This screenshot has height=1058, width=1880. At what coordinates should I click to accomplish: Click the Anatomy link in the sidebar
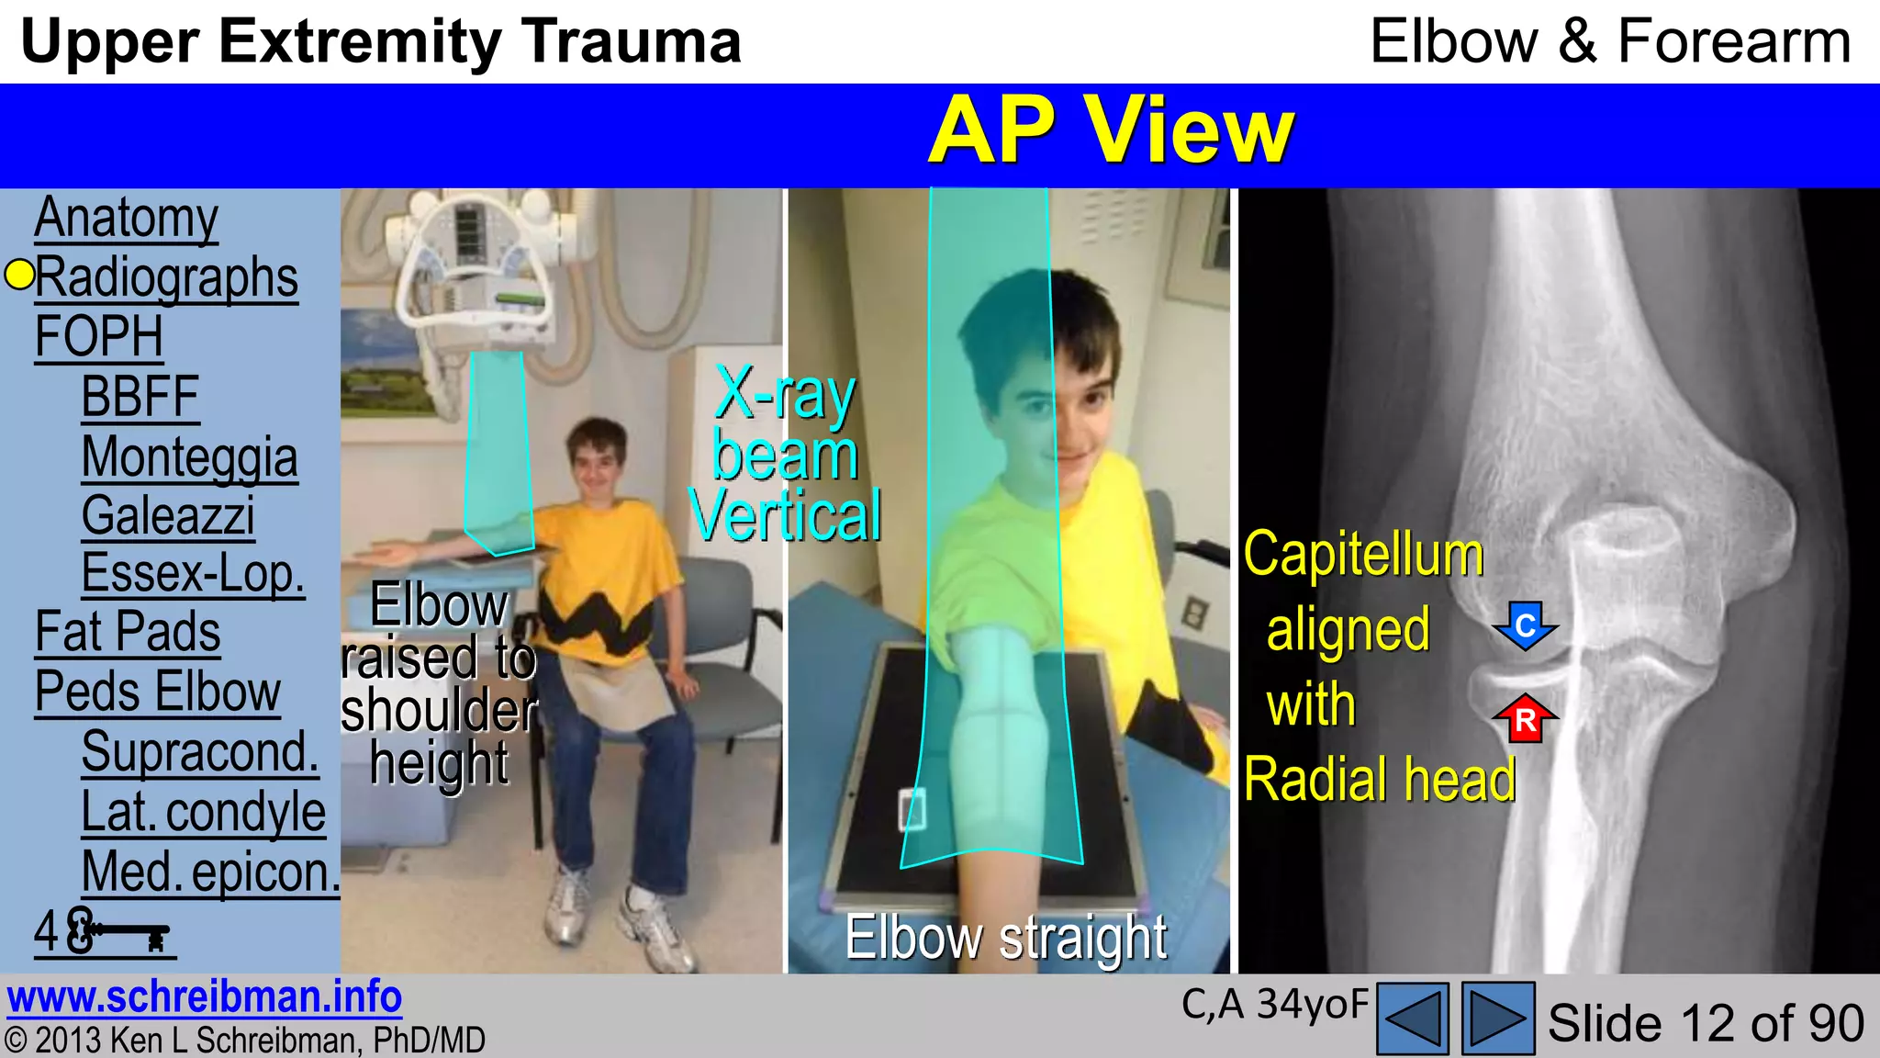coord(126,219)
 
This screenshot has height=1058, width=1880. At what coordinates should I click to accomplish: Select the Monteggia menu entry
coord(189,457)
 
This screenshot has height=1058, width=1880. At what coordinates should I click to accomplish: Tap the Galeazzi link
coord(168,516)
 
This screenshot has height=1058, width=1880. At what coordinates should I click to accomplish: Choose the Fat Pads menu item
coord(128,633)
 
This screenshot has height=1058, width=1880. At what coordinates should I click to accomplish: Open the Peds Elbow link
coord(157,692)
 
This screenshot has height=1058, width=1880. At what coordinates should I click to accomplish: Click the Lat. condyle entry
coord(203,812)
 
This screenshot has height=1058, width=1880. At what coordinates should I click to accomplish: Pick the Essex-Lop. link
coord(193,574)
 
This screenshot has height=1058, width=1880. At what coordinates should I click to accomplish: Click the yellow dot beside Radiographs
coord(19,275)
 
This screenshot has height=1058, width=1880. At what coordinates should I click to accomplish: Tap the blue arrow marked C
coord(1525,626)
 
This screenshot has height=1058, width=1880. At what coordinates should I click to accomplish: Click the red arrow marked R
coord(1525,718)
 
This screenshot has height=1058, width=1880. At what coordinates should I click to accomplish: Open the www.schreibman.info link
coord(204,997)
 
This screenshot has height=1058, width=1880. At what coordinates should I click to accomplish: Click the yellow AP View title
coord(1110,131)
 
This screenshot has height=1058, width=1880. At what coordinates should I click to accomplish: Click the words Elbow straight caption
coord(1006,938)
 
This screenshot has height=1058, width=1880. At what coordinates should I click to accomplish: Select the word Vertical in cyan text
coord(785,516)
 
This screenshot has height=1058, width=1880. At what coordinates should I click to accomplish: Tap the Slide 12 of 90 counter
coord(1706,1023)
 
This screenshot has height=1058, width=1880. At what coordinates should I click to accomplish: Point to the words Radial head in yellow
coord(1379,781)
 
